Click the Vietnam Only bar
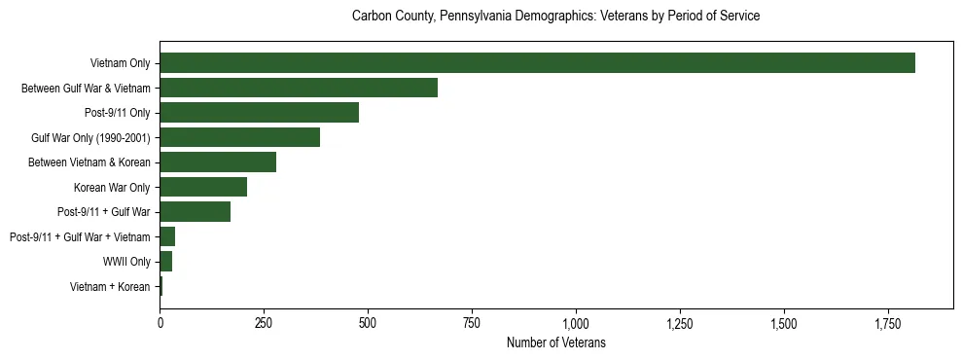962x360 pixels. [537, 62]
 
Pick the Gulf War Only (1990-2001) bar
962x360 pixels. [239, 137]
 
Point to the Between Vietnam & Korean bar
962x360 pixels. [218, 162]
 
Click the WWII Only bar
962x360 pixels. [166, 262]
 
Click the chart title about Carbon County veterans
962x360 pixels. [555, 17]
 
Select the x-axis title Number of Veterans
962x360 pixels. [555, 342]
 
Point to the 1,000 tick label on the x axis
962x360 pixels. [576, 322]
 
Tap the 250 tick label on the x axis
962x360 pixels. [264, 322]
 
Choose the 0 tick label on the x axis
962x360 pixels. [160, 322]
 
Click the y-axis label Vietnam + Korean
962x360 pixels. [110, 287]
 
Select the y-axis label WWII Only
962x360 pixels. [126, 262]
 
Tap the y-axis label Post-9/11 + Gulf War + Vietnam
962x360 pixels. [80, 236]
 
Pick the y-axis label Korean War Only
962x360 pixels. [112, 187]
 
